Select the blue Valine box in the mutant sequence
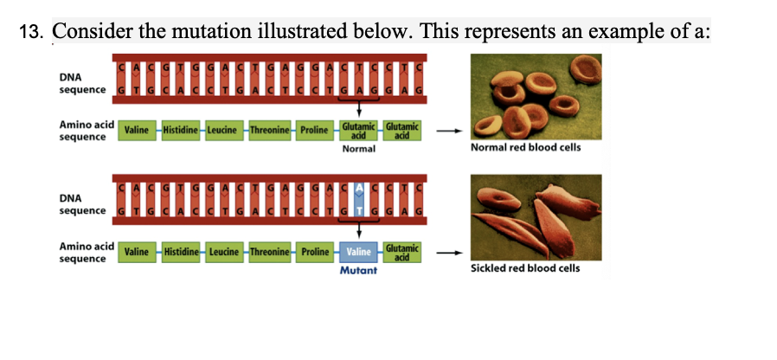(x=358, y=252)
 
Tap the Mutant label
(x=358, y=271)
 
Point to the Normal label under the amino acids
(x=358, y=149)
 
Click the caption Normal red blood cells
(x=525, y=147)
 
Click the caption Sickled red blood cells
(x=525, y=268)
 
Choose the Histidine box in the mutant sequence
(x=182, y=252)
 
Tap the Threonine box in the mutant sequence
(x=271, y=252)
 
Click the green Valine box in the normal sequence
(x=138, y=130)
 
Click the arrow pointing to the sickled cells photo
(x=445, y=253)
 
